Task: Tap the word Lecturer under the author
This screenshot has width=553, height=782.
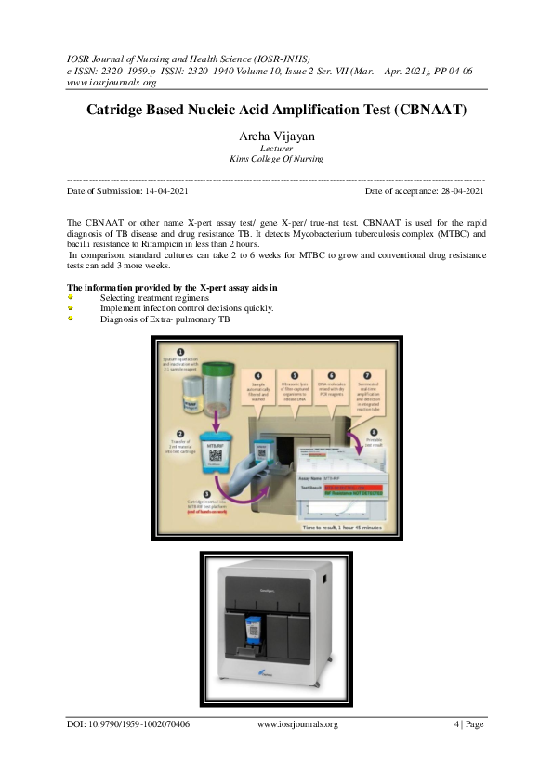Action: [x=276, y=149]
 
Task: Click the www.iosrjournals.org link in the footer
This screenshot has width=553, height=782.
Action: [x=296, y=724]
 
